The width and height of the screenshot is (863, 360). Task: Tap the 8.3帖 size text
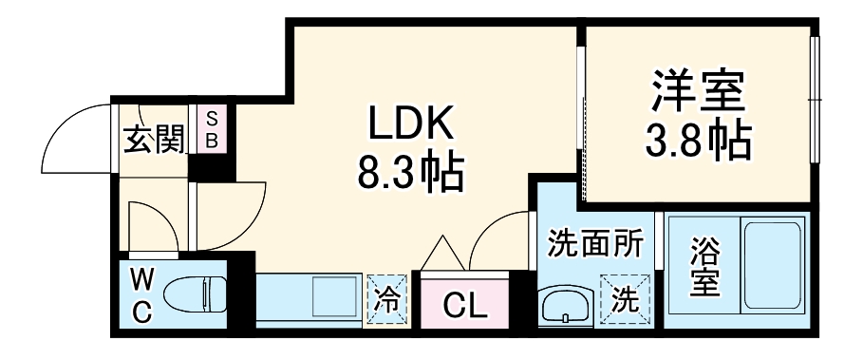410,172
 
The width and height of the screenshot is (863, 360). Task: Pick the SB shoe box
213,128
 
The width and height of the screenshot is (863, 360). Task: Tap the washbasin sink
566,306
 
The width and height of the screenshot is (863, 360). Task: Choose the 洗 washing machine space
625,301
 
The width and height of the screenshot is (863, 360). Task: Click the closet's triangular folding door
443,253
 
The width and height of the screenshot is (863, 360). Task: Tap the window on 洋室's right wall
814,100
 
